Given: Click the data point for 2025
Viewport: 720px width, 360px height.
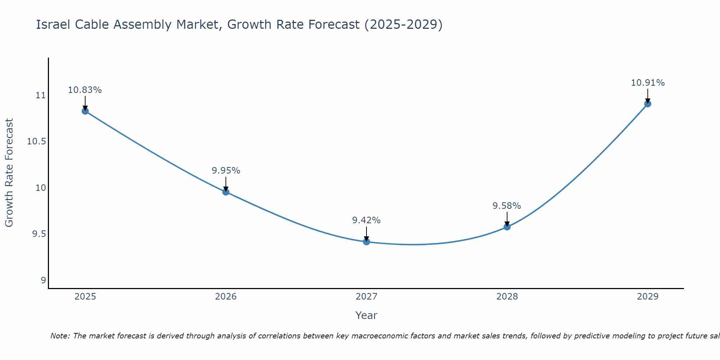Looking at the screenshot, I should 85,111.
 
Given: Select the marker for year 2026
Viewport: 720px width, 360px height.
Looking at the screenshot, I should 226,192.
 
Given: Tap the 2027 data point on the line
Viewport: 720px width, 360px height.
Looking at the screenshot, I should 366,242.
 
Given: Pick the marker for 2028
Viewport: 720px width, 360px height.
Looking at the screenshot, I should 507,227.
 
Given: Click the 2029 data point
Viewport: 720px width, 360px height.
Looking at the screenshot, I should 648,104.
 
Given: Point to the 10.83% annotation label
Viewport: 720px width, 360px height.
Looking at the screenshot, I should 85,90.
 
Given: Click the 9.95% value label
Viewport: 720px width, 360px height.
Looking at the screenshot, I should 226,171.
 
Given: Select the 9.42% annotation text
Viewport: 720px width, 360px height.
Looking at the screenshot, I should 366,220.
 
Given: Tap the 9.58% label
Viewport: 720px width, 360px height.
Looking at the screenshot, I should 507,206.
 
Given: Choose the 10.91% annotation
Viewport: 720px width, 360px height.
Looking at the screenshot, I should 648,83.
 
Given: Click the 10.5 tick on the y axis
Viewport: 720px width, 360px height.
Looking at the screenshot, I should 37,141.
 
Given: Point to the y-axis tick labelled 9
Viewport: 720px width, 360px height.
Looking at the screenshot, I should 44,280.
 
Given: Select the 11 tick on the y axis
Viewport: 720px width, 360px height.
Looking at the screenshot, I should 41,95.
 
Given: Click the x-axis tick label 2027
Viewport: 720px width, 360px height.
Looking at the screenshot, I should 366,297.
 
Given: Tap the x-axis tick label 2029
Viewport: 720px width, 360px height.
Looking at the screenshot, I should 648,297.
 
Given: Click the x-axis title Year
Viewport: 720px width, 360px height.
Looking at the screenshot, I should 366,315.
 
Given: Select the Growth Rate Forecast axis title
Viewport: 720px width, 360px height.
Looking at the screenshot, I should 9,173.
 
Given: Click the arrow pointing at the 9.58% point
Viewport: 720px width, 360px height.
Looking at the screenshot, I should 507,219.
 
